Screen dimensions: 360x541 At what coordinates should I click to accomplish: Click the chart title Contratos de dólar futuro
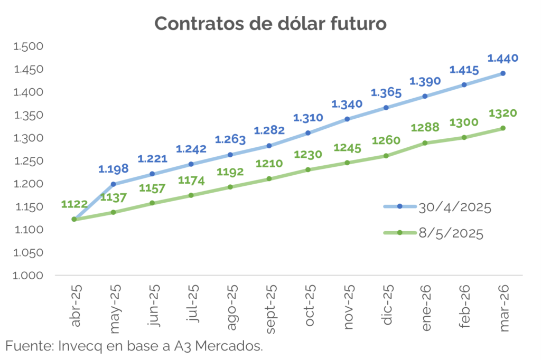pyautogui.click(x=270, y=24)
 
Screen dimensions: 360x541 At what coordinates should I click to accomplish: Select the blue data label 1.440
pyautogui.click(x=502, y=58)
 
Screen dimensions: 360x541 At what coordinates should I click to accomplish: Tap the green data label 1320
pyautogui.click(x=502, y=113)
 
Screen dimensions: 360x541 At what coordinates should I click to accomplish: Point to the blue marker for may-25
pyautogui.click(x=113, y=184)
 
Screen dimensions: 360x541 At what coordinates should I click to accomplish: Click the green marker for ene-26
pyautogui.click(x=425, y=143)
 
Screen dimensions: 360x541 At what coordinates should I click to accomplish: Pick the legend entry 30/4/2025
pyautogui.click(x=454, y=207)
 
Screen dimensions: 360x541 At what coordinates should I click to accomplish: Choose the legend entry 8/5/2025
pyautogui.click(x=450, y=233)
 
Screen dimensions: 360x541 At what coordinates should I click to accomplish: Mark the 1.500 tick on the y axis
pyautogui.click(x=27, y=46)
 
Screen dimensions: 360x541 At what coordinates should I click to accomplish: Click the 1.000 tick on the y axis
pyautogui.click(x=27, y=276)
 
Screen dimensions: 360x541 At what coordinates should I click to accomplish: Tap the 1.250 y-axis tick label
pyautogui.click(x=27, y=161)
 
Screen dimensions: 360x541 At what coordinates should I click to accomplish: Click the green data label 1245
pyautogui.click(x=347, y=148)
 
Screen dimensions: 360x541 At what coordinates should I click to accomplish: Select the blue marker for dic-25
pyautogui.click(x=386, y=108)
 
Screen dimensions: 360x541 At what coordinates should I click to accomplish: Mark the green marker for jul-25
pyautogui.click(x=191, y=195)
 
